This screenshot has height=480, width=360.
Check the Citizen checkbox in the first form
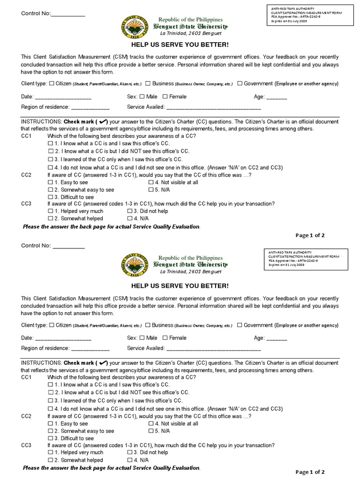[52, 83]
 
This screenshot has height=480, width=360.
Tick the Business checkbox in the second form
[148, 325]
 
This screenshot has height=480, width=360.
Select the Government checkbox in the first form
[240, 83]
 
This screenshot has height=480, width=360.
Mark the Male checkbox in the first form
[142, 97]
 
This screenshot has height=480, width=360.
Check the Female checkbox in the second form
[165, 337]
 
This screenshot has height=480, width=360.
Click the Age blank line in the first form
[277, 97]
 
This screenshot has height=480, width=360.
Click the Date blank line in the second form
[63, 339]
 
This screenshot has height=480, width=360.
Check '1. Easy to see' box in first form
[51, 182]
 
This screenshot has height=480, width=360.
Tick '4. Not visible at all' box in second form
[151, 423]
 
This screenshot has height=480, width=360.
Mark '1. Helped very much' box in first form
[51, 211]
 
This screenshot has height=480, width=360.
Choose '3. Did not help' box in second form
[130, 452]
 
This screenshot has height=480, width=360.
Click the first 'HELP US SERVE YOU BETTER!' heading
[180, 45]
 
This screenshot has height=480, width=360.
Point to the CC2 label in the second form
[26, 416]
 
